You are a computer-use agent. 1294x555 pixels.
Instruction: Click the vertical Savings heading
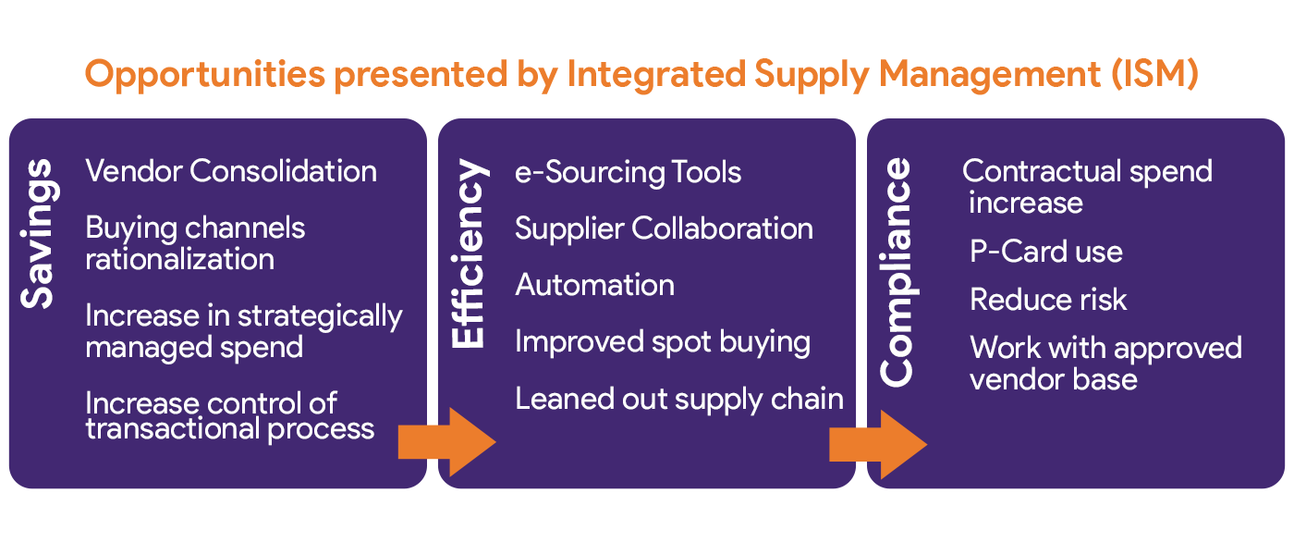tap(39, 234)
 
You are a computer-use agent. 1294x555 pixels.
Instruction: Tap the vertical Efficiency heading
tap(469, 255)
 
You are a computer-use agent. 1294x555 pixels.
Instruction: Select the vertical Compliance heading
tap(897, 272)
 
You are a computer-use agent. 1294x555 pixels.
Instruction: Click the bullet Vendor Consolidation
tap(231, 172)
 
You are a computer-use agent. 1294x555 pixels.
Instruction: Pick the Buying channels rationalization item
tap(195, 243)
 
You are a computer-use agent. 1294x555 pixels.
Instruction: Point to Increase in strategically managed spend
tap(244, 331)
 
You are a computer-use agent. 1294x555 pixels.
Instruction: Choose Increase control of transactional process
tap(230, 416)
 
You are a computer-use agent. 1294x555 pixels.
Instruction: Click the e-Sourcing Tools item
tap(628, 173)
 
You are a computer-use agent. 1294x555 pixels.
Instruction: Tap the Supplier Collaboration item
tap(664, 229)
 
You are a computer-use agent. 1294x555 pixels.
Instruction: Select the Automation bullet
tap(594, 285)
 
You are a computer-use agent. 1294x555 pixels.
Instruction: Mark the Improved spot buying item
tap(662, 342)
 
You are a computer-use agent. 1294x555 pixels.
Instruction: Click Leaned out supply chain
tap(678, 399)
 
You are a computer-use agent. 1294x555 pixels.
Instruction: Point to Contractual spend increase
tap(1087, 187)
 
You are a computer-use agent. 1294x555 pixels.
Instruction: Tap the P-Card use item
tap(1046, 252)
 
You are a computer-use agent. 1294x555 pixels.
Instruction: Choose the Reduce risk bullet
tap(1048, 300)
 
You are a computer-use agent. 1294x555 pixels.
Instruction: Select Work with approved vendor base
tap(1105, 364)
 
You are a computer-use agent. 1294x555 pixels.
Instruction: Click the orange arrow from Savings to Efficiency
tap(446, 442)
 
